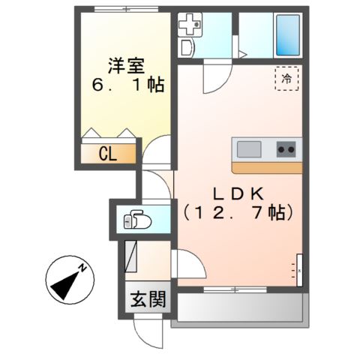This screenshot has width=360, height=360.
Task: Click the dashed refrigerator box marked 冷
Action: point(286,77)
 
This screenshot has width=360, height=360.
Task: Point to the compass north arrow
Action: point(69,280)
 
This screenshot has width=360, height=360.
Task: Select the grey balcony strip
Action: point(238,307)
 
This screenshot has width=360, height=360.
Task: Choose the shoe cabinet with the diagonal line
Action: point(131,256)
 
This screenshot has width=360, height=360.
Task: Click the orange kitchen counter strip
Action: point(267,166)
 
